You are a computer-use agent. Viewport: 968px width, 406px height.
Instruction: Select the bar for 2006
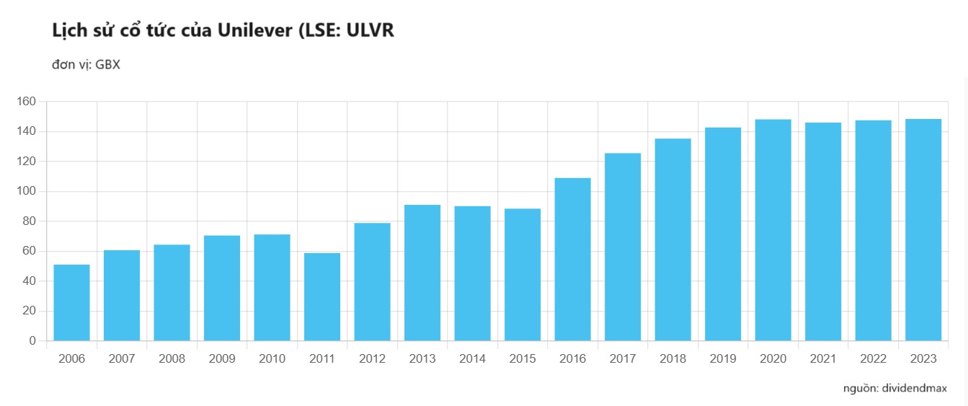click(x=72, y=303)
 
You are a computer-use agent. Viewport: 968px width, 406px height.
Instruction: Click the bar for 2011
click(x=322, y=297)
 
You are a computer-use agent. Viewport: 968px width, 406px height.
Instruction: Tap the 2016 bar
click(x=573, y=260)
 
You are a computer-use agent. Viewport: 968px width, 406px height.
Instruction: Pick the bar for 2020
click(x=773, y=230)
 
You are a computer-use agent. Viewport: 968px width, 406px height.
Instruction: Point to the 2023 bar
click(x=923, y=230)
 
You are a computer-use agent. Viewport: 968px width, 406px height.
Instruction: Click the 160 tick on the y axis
click(x=27, y=102)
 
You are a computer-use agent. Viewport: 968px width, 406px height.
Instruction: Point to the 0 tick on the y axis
click(x=32, y=341)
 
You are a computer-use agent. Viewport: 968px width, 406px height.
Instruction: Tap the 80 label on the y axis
click(x=30, y=221)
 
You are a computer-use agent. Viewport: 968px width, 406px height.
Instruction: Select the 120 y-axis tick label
click(x=27, y=162)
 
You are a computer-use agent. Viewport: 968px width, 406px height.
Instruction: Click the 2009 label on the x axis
click(x=222, y=359)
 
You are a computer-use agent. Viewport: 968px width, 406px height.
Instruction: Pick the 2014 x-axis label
click(x=472, y=359)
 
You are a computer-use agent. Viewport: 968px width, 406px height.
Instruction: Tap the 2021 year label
click(x=823, y=359)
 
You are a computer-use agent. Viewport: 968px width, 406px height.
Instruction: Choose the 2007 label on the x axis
click(x=122, y=359)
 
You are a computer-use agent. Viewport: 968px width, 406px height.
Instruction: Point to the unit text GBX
click(x=107, y=65)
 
